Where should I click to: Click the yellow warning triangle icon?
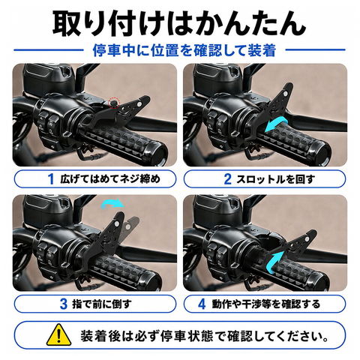click(58, 335)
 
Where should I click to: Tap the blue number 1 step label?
click(51, 179)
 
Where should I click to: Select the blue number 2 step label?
click(227, 179)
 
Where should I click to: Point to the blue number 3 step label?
click(64, 304)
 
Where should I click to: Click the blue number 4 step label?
click(202, 304)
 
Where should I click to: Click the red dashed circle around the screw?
click(114, 103)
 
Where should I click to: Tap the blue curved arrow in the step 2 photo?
click(276, 125)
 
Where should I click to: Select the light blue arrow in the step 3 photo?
click(112, 203)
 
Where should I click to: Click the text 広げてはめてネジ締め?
click(110, 179)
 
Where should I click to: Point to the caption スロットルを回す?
click(275, 179)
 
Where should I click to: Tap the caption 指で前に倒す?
click(102, 304)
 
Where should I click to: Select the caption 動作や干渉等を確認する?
click(266, 304)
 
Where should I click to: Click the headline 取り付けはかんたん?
click(179, 24)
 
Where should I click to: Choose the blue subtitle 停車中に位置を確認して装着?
click(184, 50)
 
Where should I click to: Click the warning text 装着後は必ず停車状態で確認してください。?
click(204, 336)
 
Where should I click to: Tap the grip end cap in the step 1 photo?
click(158, 153)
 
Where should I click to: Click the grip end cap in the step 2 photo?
click(321, 153)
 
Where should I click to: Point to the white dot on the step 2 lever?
click(286, 94)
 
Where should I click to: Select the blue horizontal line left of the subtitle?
click(49, 50)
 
